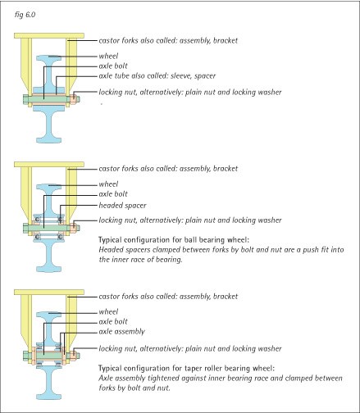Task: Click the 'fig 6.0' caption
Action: point(25,15)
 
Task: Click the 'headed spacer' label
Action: point(122,206)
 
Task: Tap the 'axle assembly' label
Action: point(121,332)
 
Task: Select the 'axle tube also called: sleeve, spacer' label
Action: point(157,76)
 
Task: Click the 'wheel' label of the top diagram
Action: point(108,56)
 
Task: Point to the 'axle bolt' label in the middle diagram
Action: point(113,194)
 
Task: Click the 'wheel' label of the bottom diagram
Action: point(108,311)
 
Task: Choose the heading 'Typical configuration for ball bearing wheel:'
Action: point(174,240)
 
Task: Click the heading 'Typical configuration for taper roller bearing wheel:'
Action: point(186,368)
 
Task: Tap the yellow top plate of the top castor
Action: point(49,35)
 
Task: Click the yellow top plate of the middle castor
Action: point(49,164)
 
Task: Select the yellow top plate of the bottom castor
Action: point(49,293)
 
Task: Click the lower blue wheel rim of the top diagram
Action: point(49,140)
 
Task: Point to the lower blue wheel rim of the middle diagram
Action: point(49,269)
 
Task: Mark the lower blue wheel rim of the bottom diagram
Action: point(49,397)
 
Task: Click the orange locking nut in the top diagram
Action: point(75,99)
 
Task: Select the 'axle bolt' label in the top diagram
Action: point(113,66)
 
